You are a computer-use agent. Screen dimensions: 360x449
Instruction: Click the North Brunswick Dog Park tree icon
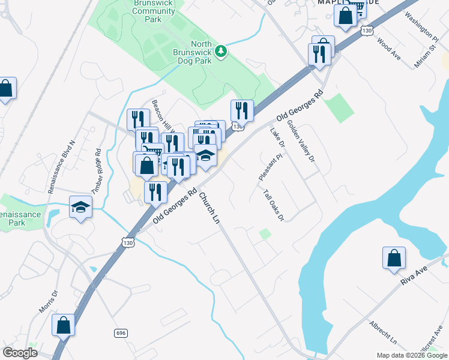click(x=221, y=52)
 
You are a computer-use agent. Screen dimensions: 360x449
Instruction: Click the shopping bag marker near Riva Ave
click(x=394, y=257)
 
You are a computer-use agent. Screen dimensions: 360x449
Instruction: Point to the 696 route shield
click(x=119, y=332)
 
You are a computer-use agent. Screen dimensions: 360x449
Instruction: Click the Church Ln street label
click(x=209, y=208)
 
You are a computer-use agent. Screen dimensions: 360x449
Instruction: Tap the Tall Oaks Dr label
click(x=273, y=205)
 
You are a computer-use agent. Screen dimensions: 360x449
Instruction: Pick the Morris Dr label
click(x=48, y=302)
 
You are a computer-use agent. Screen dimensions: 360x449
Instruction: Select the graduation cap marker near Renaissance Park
click(x=80, y=208)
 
